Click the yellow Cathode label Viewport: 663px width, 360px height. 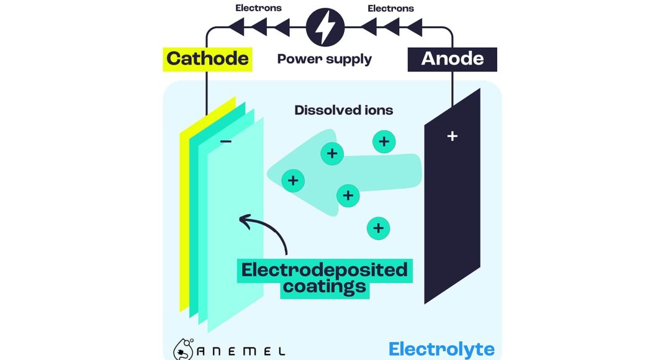[207, 59]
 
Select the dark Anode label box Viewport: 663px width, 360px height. [452, 59]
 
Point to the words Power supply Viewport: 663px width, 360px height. [324, 60]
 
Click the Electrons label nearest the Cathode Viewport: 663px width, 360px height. [258, 8]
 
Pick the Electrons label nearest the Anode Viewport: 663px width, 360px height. [390, 8]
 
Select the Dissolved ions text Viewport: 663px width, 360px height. [343, 110]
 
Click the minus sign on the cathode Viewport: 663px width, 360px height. [227, 142]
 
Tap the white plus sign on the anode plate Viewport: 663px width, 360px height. [452, 136]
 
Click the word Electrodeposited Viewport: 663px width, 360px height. [324, 271]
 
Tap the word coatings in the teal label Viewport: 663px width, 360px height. [324, 288]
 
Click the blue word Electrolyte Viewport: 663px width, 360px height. [441, 349]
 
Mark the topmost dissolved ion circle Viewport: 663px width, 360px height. [384, 142]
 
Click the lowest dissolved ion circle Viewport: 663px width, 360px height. [378, 228]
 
